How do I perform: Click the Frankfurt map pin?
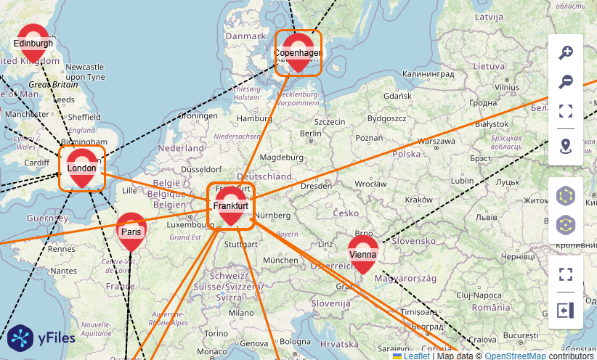click(231, 206)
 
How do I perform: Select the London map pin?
click(81, 168)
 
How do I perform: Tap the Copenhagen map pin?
click(298, 52)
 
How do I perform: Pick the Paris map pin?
click(131, 232)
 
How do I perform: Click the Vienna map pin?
click(362, 254)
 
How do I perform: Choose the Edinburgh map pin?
click(33, 43)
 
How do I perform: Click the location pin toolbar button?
click(566, 147)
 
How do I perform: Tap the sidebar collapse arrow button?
click(566, 310)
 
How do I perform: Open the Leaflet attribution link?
click(417, 356)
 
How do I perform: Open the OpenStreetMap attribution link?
click(515, 356)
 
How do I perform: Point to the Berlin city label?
click(310, 134)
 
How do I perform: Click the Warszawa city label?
click(437, 140)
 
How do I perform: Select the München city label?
click(280, 260)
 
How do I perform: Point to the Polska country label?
click(407, 154)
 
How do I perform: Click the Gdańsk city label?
click(397, 95)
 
